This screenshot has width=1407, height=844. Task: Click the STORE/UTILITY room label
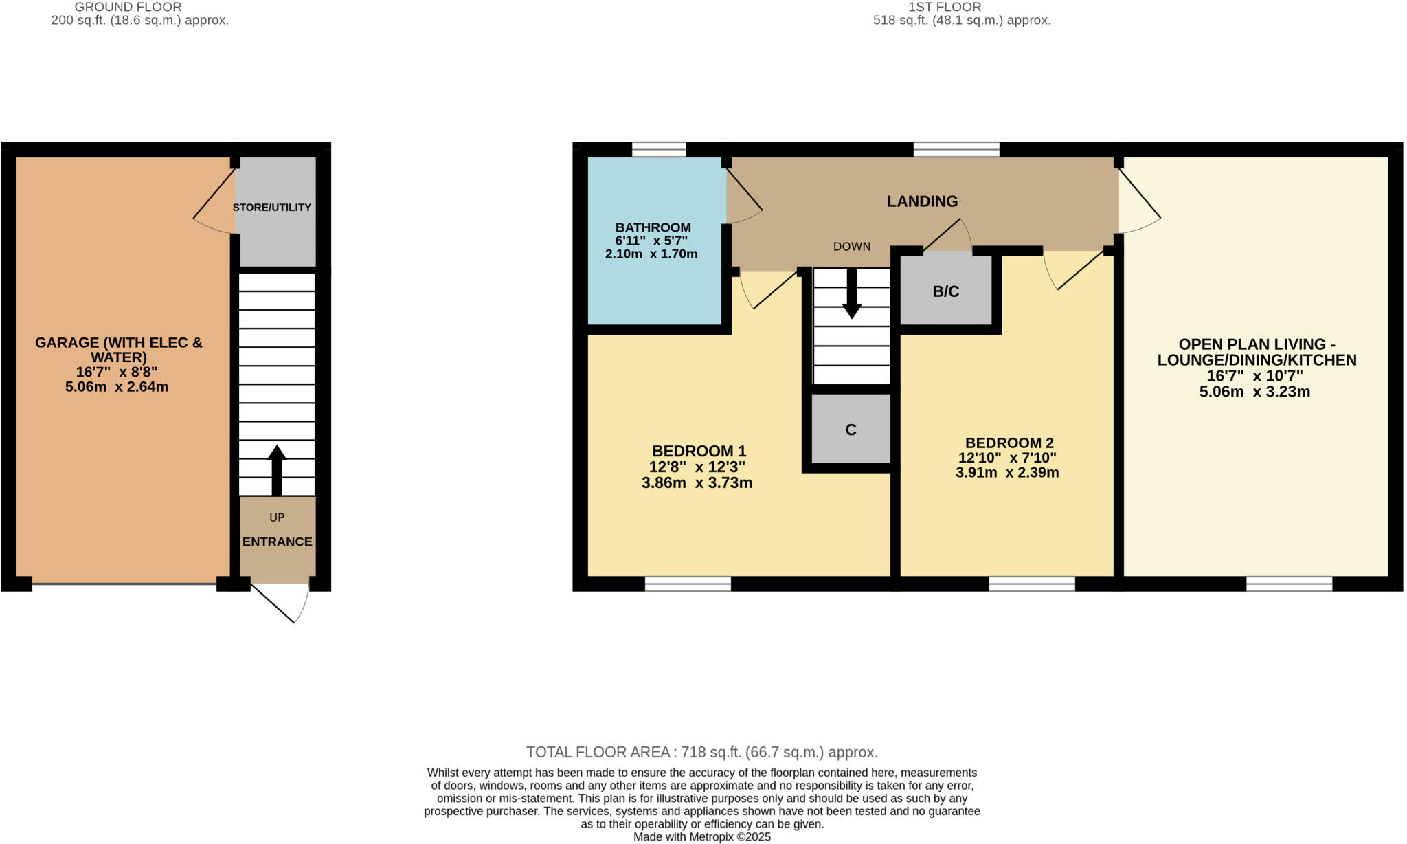(x=271, y=208)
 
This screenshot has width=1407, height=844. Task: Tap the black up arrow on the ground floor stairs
(x=276, y=469)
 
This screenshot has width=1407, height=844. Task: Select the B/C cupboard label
(x=945, y=291)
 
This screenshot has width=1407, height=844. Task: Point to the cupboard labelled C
(x=851, y=430)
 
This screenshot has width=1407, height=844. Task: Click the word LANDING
(x=922, y=201)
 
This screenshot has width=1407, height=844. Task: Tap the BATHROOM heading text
(x=653, y=227)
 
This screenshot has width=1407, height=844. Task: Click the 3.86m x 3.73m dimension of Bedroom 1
(x=697, y=483)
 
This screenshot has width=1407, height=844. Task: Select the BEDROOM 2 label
(x=1009, y=443)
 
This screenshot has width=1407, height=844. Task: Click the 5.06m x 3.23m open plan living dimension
(x=1254, y=392)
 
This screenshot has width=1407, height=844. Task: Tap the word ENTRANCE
(x=277, y=542)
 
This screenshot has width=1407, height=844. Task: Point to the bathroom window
(x=658, y=149)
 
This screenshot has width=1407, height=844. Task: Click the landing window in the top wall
(x=956, y=149)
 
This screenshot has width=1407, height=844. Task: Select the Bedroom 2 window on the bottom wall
(x=1031, y=584)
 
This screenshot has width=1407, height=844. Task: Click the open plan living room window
(x=1289, y=584)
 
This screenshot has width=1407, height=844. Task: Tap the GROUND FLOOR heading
(x=128, y=7)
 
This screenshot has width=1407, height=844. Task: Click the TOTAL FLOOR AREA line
(x=701, y=752)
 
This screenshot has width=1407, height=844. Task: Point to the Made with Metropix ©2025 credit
(x=701, y=837)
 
